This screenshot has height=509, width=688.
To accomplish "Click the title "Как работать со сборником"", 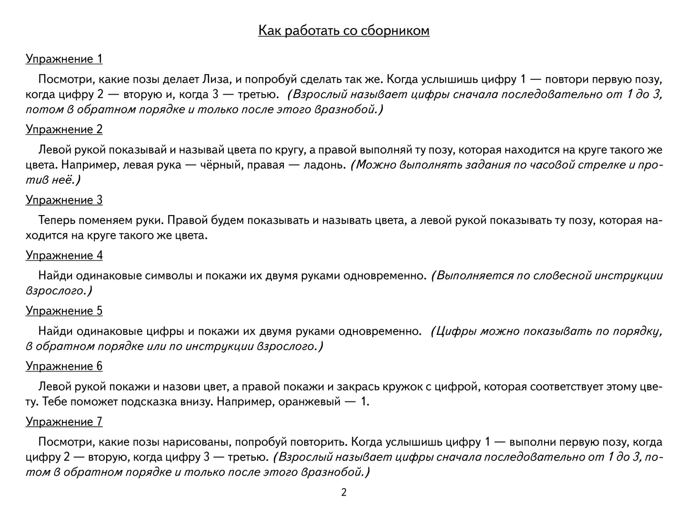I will (344, 30).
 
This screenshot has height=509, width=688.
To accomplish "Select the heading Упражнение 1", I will (64, 59).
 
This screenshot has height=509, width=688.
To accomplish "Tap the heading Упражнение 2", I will (64, 129).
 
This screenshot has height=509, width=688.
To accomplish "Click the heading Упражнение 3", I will (64, 200).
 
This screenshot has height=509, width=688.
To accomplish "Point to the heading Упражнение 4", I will (64, 255).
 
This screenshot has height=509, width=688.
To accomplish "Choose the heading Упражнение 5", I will (64, 311).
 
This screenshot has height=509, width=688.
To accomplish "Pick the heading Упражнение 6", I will (64, 366).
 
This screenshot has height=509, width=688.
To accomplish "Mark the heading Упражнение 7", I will (64, 422).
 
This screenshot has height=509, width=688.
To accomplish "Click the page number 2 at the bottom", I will (344, 493).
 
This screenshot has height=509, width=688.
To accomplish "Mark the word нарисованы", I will (196, 442).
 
